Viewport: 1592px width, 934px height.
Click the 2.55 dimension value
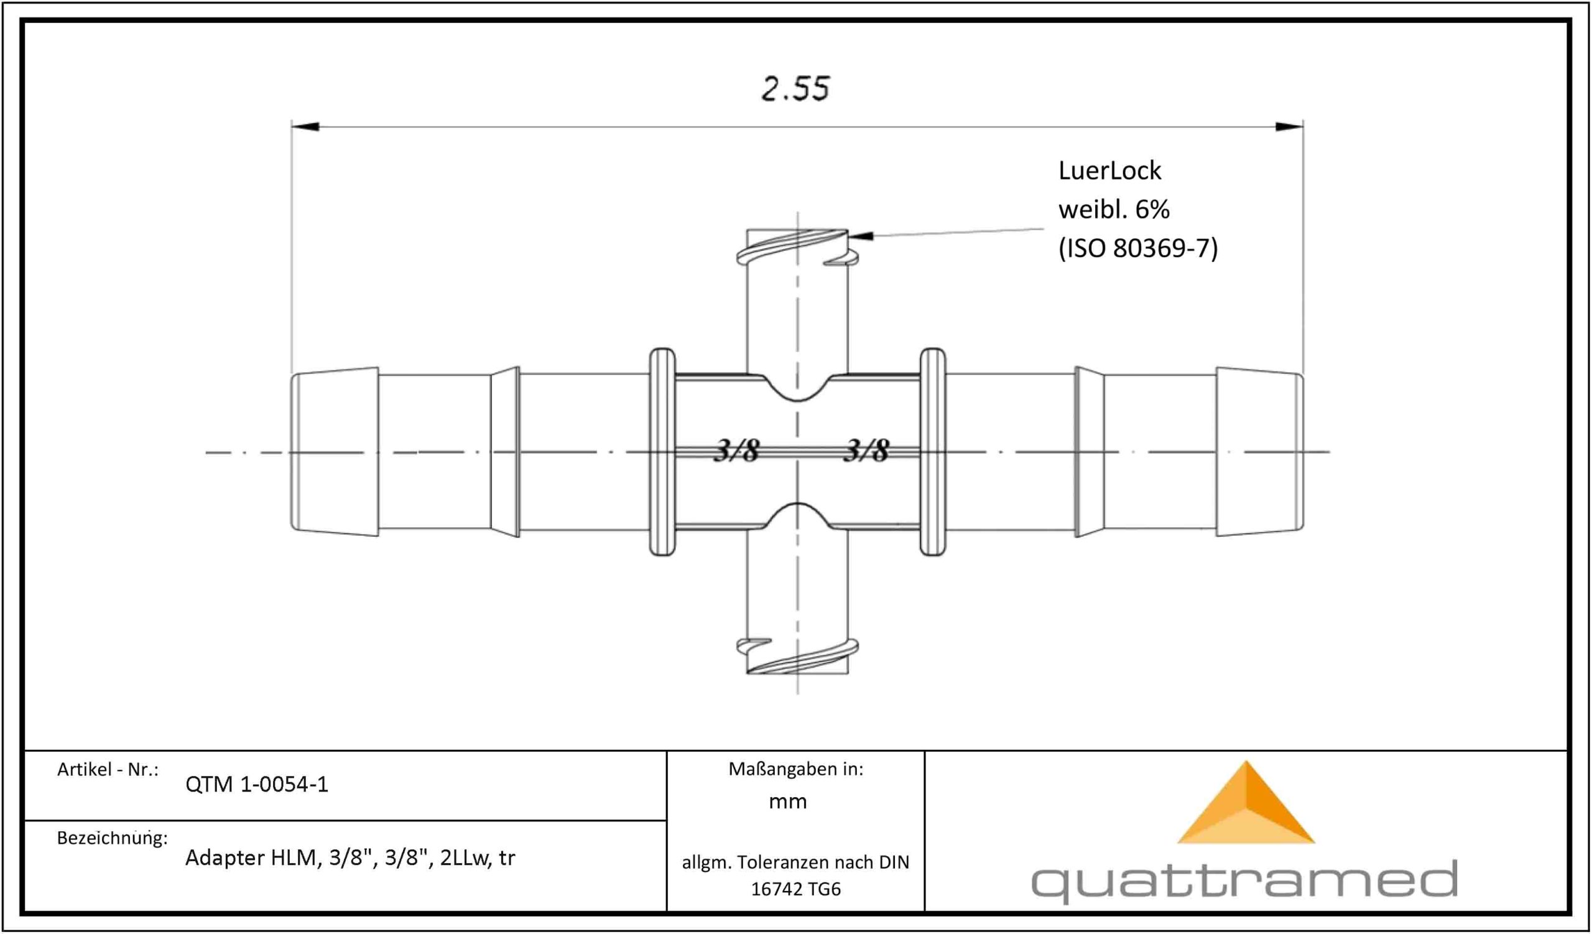pos(795,88)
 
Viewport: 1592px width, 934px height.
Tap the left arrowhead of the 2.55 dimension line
pos(305,126)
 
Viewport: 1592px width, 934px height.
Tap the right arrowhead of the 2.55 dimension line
pos(1289,126)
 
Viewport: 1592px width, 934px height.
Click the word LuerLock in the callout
pos(1109,170)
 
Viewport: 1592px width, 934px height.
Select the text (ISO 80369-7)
pos(1138,248)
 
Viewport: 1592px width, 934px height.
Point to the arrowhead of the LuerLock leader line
pos(861,236)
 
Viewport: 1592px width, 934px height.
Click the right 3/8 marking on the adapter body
pos(866,451)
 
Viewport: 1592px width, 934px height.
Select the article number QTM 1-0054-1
pos(256,784)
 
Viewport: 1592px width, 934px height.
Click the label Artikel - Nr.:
pos(108,769)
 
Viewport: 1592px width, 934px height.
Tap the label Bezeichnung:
pos(113,838)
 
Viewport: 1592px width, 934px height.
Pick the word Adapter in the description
pos(224,857)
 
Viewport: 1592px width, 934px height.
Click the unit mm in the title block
pos(788,802)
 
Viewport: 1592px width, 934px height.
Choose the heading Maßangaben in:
pos(795,769)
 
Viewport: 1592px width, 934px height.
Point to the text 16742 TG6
pos(795,889)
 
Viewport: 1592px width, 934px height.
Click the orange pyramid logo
pos(1246,802)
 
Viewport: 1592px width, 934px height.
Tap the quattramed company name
pos(1244,880)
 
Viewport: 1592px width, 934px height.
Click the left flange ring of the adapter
pos(662,452)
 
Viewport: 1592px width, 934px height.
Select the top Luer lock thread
pos(797,247)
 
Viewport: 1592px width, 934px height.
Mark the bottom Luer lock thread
pos(797,656)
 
